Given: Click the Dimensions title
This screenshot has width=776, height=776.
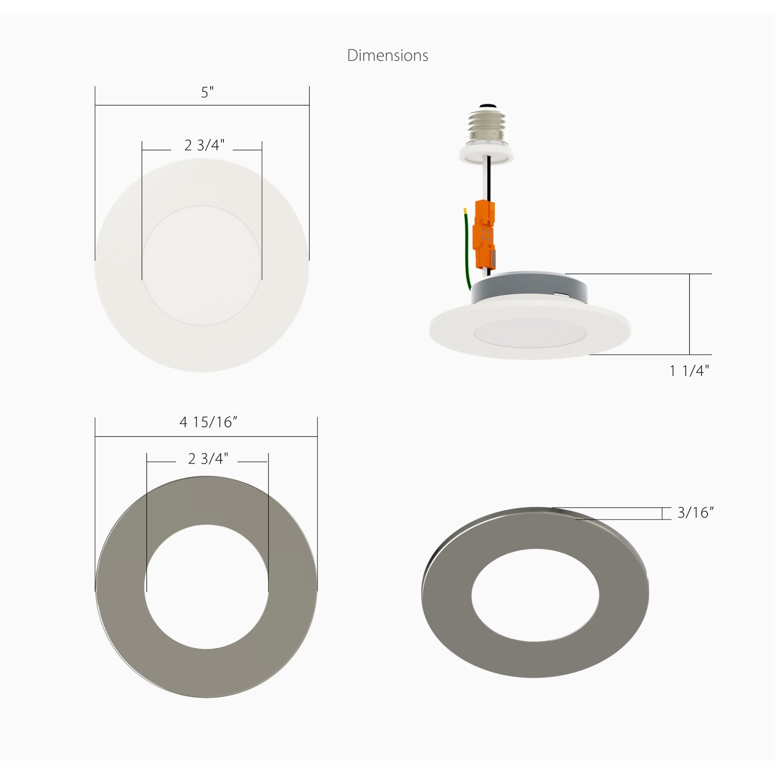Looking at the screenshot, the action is pyautogui.click(x=388, y=55).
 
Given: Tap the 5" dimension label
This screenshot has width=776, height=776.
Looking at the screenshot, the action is pyautogui.click(x=207, y=93).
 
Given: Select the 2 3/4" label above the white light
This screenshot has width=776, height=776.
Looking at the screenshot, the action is pyautogui.click(x=204, y=145).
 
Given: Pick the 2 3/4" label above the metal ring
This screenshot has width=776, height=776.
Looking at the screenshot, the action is pyautogui.click(x=208, y=458).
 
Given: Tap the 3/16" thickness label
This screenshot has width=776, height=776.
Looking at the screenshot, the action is pyautogui.click(x=696, y=513).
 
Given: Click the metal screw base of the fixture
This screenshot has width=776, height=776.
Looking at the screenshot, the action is pyautogui.click(x=487, y=123).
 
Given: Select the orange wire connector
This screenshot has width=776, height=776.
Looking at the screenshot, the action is pyautogui.click(x=484, y=236).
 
